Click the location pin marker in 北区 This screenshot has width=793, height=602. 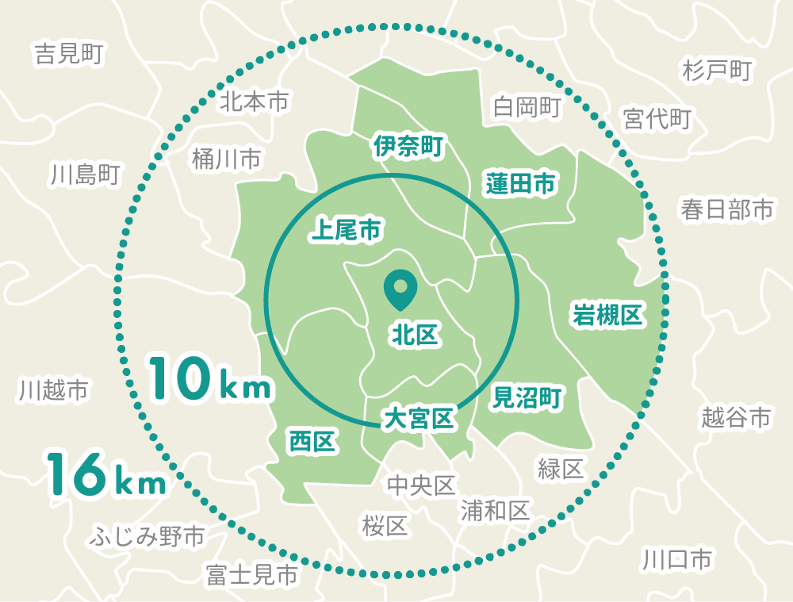pos(399,290)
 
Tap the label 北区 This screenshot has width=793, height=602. pos(414,336)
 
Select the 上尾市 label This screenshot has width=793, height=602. pos(346,230)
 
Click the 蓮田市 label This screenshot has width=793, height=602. pos(520,184)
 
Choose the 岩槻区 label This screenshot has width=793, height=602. pos(607,315)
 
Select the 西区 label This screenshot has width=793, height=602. pos(312,441)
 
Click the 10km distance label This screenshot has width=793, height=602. pos(211,378)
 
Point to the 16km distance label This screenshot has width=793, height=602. pos(105,474)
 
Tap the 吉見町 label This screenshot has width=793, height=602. pos(69,54)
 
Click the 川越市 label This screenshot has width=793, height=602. pos(53,389)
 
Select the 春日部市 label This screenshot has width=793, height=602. pos(726,209)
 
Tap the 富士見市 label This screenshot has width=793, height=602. pos(251,574)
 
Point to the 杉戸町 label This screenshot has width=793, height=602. pos(716,71)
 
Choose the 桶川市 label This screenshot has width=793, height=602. pos(226,159)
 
